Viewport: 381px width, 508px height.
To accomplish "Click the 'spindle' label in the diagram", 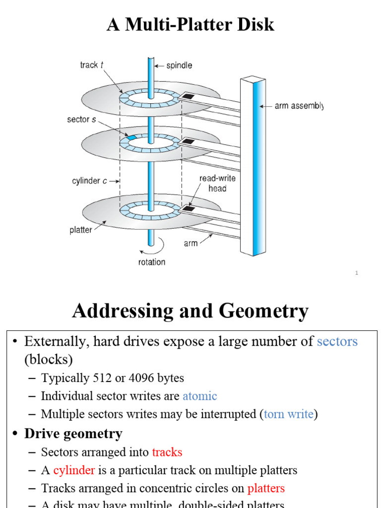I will tap(179, 65).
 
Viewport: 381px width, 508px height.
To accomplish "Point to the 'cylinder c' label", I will tap(89, 181).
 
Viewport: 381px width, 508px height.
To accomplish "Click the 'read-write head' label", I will tap(217, 183).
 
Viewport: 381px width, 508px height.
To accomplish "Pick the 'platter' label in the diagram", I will tap(80, 230).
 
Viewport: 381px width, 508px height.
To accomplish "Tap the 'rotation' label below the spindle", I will tap(152, 262).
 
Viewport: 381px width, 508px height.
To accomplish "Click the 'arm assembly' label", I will tap(298, 106).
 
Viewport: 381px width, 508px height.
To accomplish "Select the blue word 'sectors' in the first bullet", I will tap(337, 341).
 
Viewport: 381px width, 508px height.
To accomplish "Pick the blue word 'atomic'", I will tap(199, 396).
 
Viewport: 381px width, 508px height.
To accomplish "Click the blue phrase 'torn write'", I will tap(288, 414).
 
